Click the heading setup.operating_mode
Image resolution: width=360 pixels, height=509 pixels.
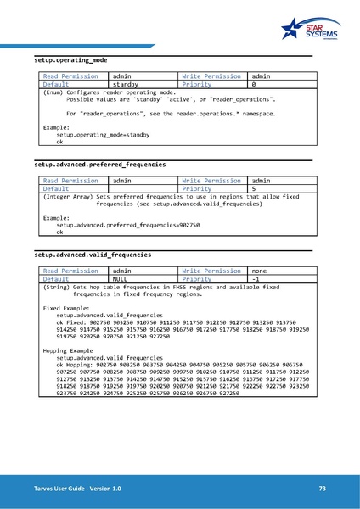(x=70, y=61)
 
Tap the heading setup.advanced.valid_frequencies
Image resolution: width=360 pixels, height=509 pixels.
(x=93, y=254)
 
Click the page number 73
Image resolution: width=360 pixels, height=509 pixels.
(x=322, y=489)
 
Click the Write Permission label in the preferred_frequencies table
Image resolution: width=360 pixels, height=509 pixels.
(x=211, y=181)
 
